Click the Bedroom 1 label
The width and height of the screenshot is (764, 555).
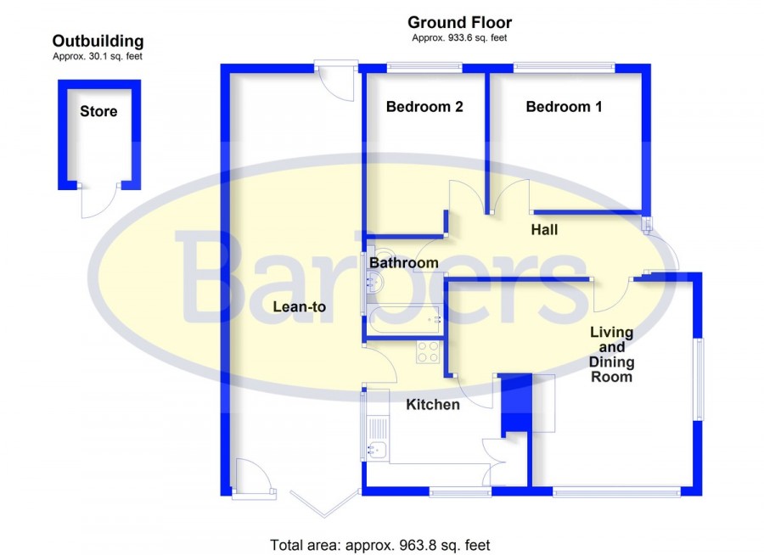pos(564,107)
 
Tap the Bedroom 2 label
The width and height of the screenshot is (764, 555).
pos(424,107)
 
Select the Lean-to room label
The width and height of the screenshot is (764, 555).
pos(299,306)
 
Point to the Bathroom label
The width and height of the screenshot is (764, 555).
pos(404,263)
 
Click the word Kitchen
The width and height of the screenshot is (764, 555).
pos(433,405)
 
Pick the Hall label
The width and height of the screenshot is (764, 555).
pos(544,229)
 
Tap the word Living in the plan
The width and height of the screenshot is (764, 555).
pos(611,333)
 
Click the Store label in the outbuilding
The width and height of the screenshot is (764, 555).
pos(98,111)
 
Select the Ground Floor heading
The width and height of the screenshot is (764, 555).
pos(459,22)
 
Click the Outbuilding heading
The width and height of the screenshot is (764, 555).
pos(98,42)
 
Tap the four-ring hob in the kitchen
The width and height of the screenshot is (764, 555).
pos(428,352)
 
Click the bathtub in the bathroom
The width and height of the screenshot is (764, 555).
pos(404,320)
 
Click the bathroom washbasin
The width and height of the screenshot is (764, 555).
pos(375,281)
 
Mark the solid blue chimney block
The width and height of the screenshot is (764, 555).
pos(516,402)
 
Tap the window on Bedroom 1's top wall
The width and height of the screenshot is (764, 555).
pos(565,66)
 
